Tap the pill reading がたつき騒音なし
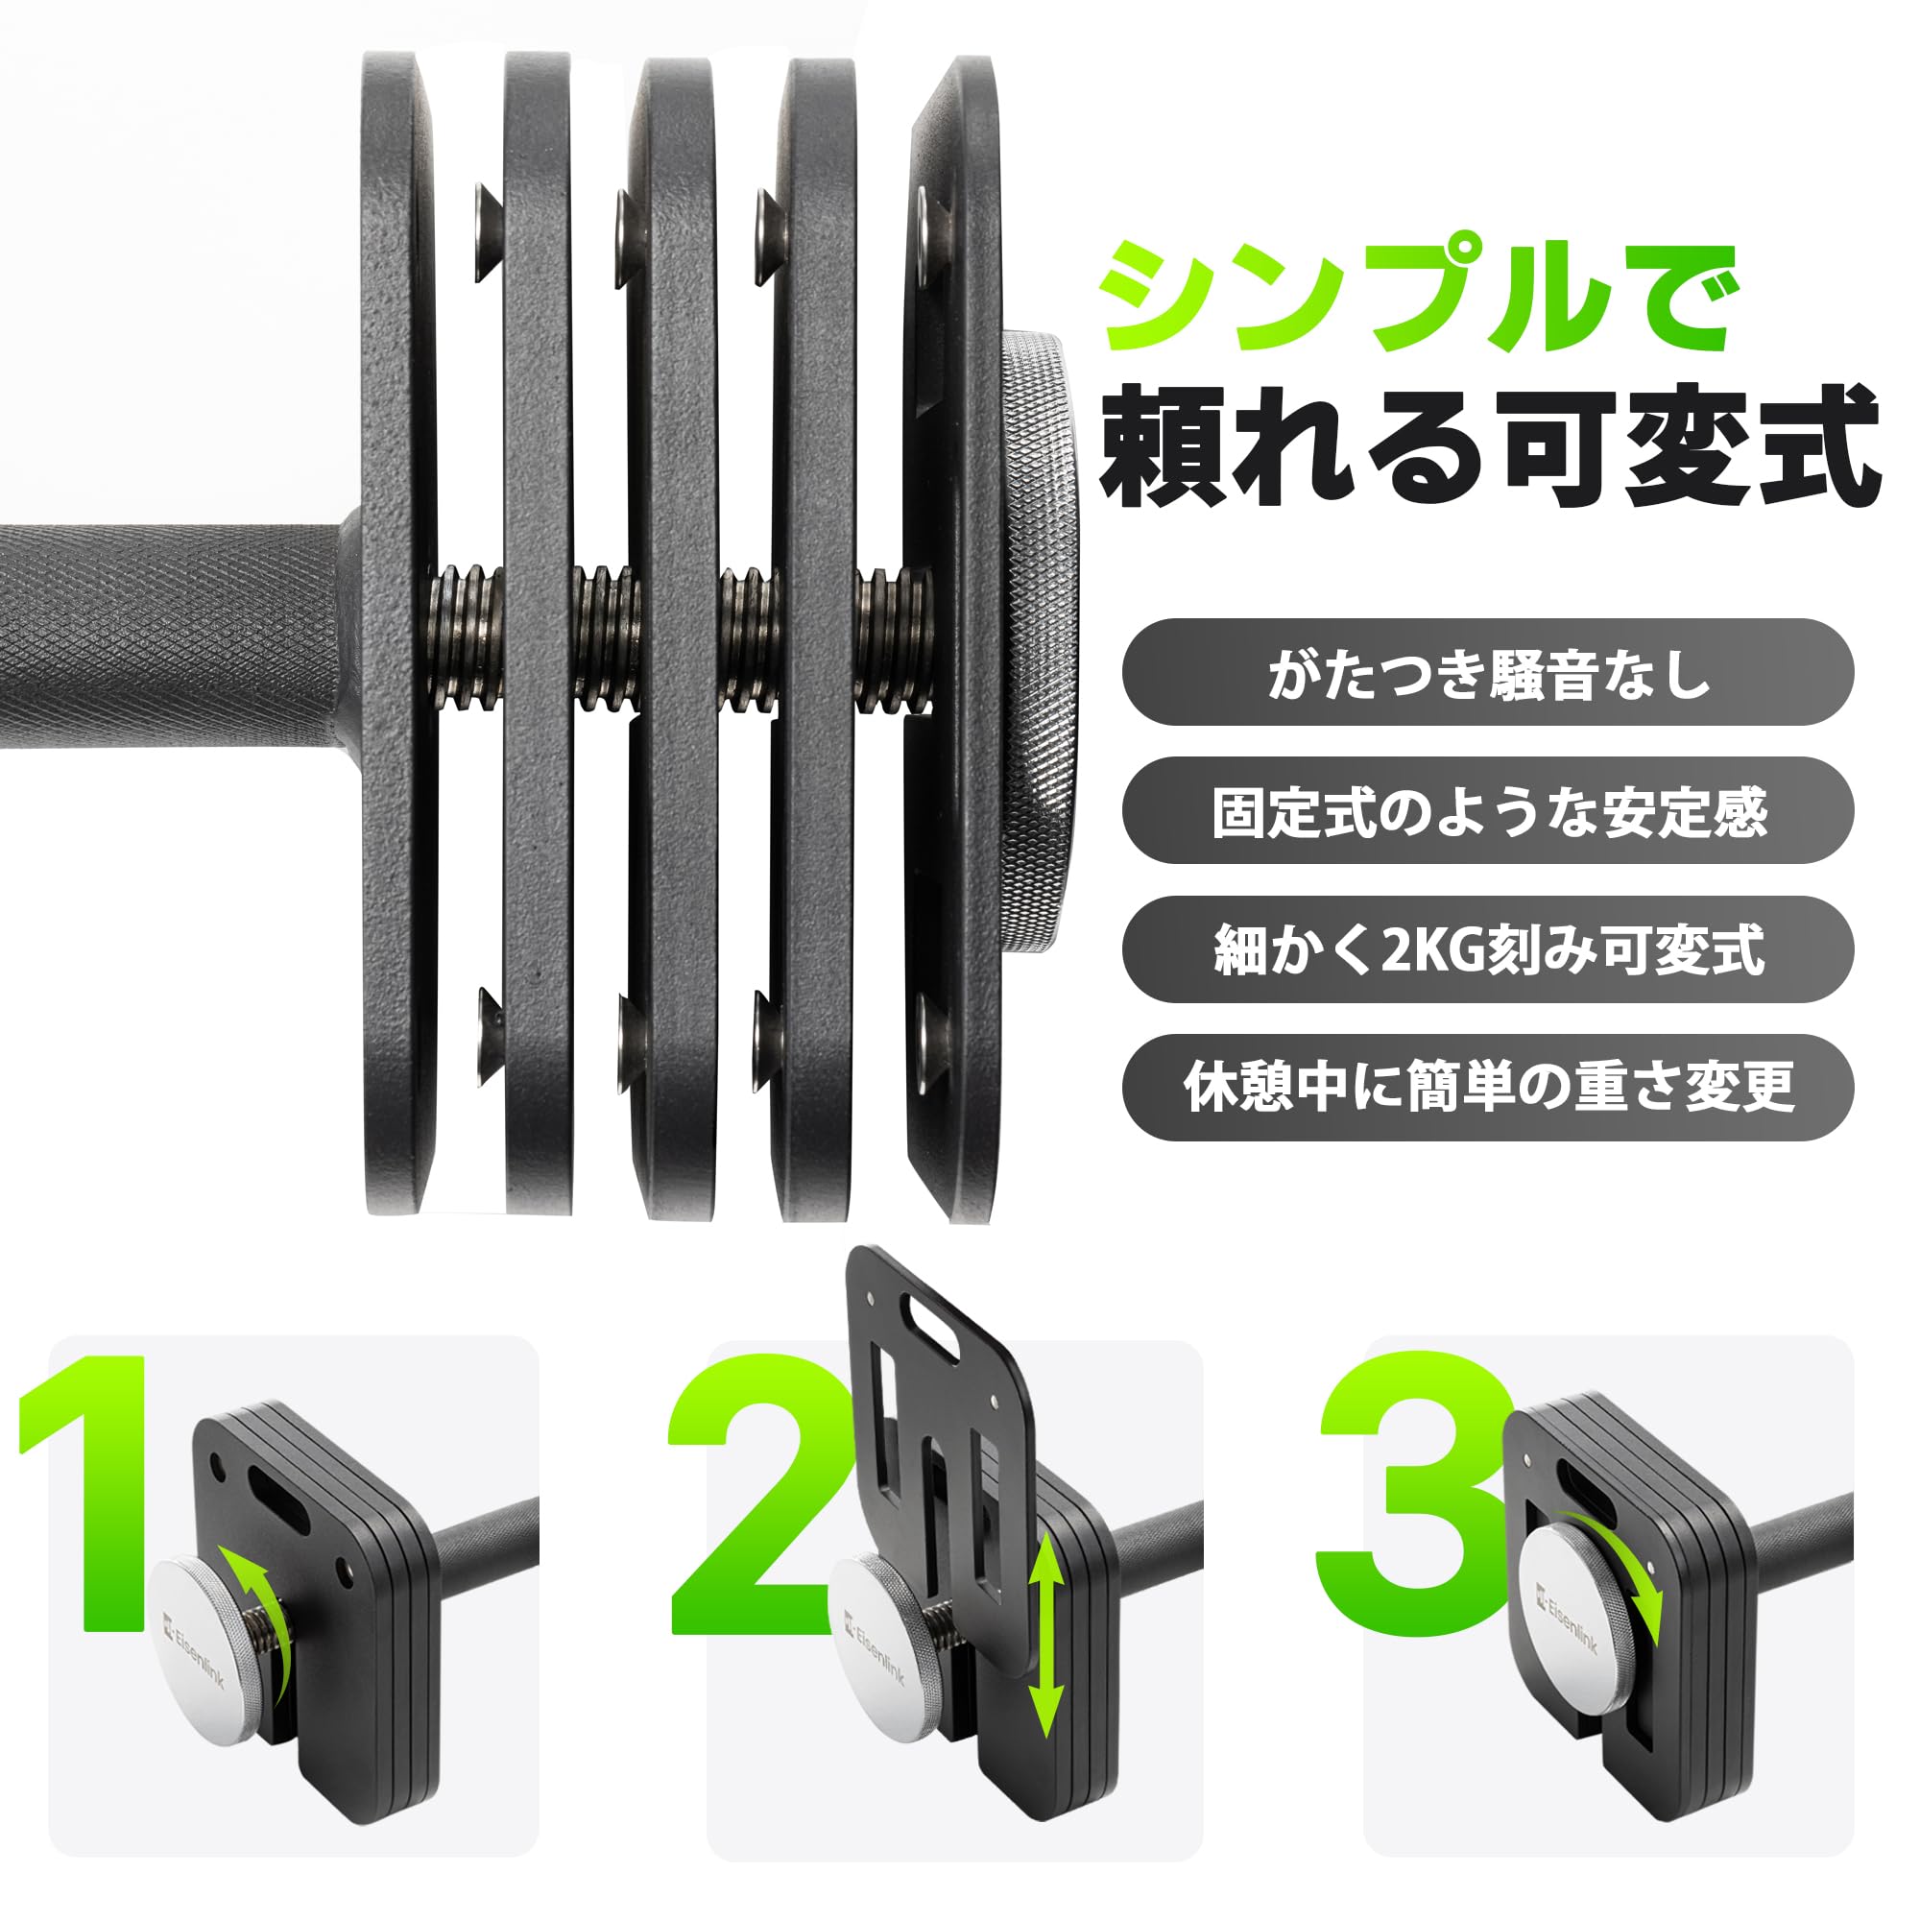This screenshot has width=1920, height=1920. tap(1488, 673)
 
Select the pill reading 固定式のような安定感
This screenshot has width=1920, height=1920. tap(1488, 811)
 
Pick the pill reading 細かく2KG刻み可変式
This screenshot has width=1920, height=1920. tap(1488, 949)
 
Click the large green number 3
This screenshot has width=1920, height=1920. tap(1411, 1491)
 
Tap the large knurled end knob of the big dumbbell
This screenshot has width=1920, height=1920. tap(1039, 636)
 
